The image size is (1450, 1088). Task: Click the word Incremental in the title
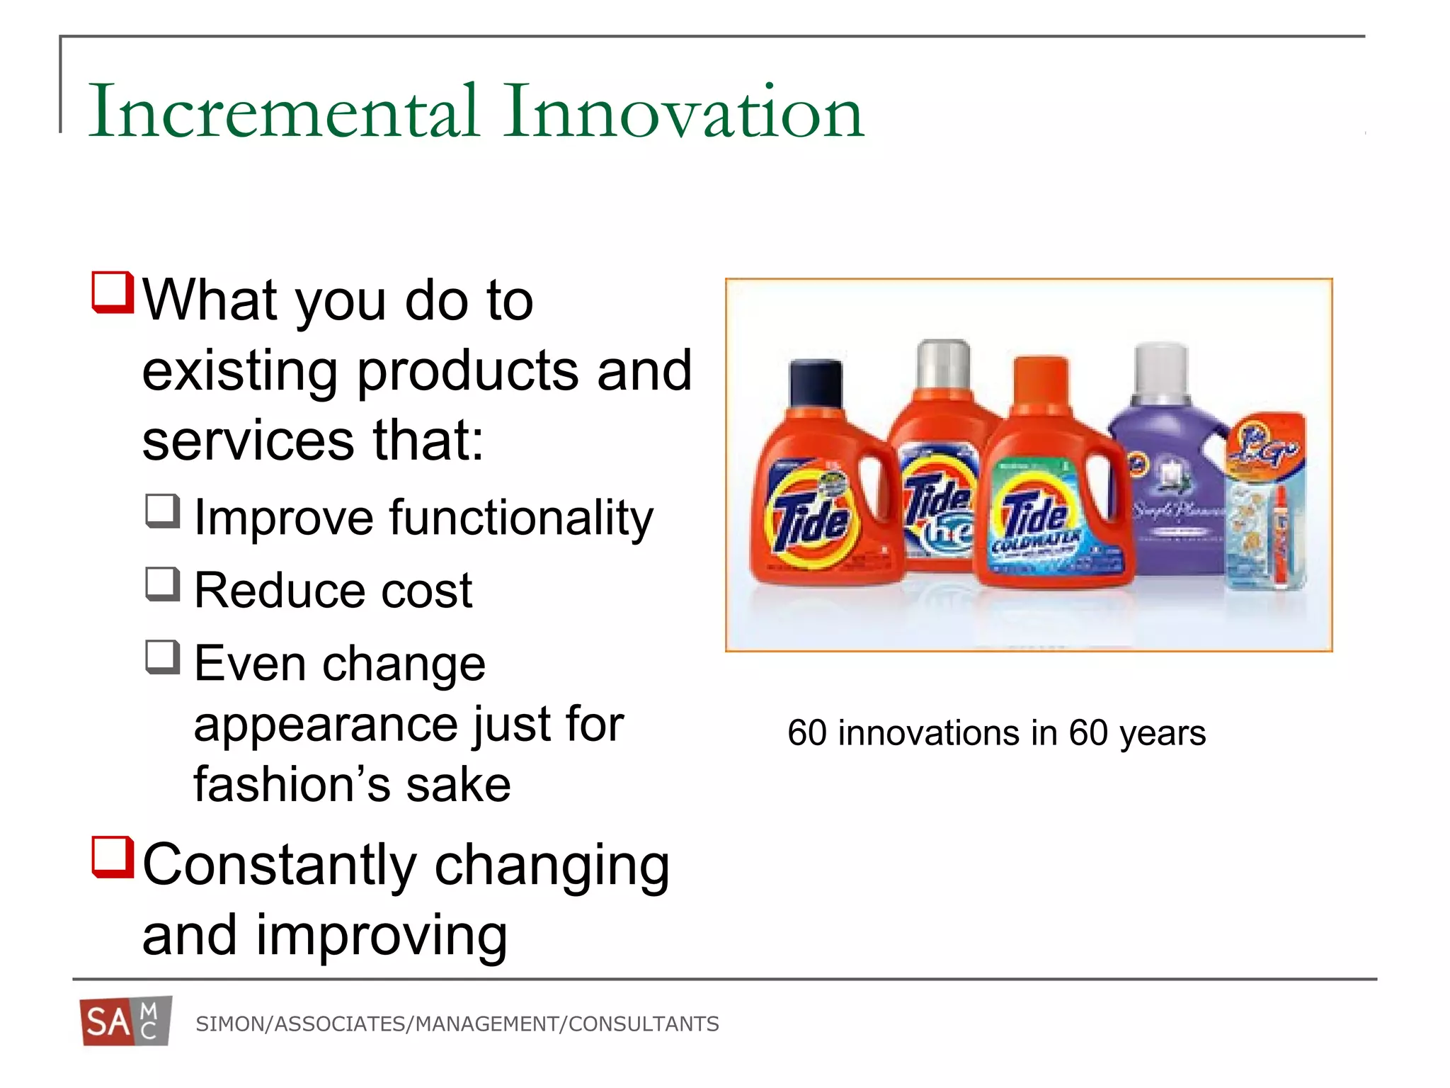[x=283, y=112]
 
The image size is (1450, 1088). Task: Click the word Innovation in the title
[x=683, y=112]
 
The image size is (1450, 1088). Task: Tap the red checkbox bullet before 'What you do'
[x=113, y=292]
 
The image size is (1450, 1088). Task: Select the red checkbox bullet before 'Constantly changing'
[x=113, y=857]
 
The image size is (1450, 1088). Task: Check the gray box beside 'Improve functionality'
[x=163, y=511]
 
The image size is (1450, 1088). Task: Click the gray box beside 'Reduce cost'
[x=163, y=584]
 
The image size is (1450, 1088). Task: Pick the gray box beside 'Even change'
[x=163, y=657]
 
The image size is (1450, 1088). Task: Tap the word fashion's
[x=291, y=785]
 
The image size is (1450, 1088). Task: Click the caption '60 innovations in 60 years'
[x=996, y=733]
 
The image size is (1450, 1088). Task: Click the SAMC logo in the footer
[x=126, y=1021]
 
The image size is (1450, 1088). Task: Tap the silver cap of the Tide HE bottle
[x=942, y=365]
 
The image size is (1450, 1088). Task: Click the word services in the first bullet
[x=248, y=441]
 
